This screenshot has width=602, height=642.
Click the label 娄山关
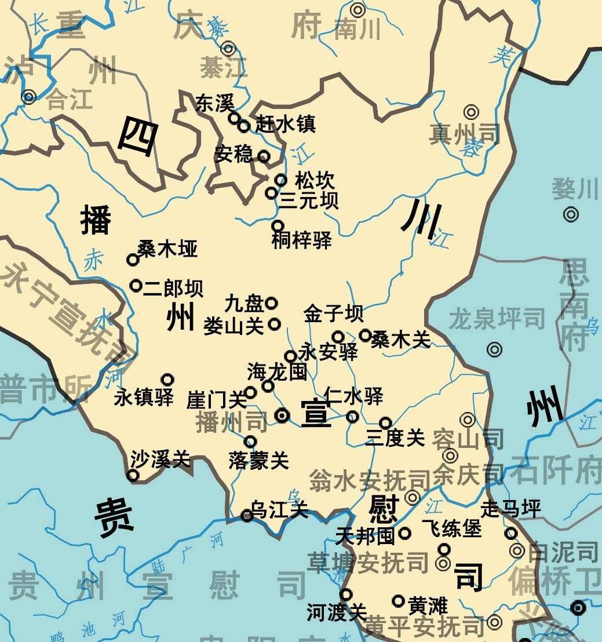[233, 326]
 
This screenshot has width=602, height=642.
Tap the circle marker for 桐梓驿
[278, 225]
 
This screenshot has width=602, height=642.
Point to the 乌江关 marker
[247, 515]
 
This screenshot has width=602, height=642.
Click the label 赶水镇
[286, 125]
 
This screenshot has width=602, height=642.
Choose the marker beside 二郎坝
[136, 285]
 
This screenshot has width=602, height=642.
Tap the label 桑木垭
[167, 249]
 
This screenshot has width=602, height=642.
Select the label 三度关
[395, 438]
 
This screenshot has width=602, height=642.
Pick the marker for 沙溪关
[133, 476]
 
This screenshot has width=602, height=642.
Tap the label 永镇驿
[144, 398]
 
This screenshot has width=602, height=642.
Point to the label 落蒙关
[258, 461]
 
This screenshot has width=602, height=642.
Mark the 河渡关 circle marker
[346, 594]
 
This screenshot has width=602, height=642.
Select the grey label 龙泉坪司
[497, 319]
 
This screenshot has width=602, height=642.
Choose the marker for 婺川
[571, 214]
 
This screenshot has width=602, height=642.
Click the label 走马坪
[511, 510]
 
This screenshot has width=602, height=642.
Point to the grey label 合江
[69, 101]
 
